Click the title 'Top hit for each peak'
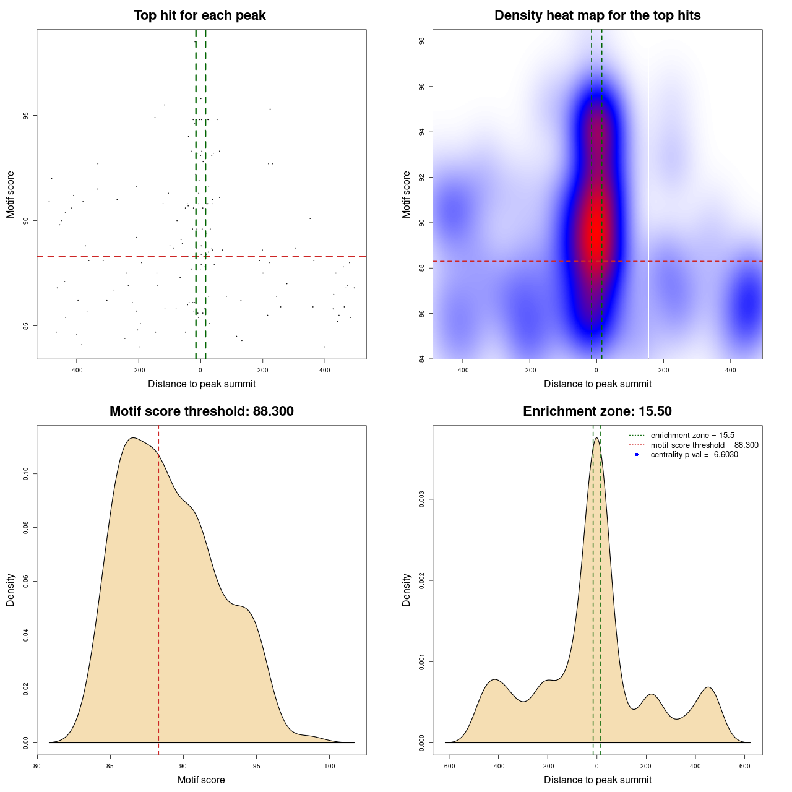point(200,15)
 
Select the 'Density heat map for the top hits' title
point(597,15)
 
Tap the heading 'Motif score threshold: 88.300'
point(201,411)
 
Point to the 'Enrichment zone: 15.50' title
point(597,411)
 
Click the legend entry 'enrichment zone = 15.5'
point(692,436)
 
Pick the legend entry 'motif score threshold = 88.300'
point(704,445)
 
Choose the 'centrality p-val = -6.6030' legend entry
point(694,455)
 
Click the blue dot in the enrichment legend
point(637,455)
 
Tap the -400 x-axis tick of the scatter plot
point(77,371)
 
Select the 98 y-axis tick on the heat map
point(421,41)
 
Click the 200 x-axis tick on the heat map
point(664,371)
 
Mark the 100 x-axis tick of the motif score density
point(329,766)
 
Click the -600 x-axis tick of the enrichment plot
point(449,766)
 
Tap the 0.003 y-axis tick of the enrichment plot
point(421,499)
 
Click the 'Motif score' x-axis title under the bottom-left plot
point(201,780)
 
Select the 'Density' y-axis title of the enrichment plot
point(407,590)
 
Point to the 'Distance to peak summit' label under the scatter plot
point(202,384)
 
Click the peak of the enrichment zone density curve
point(596,438)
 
